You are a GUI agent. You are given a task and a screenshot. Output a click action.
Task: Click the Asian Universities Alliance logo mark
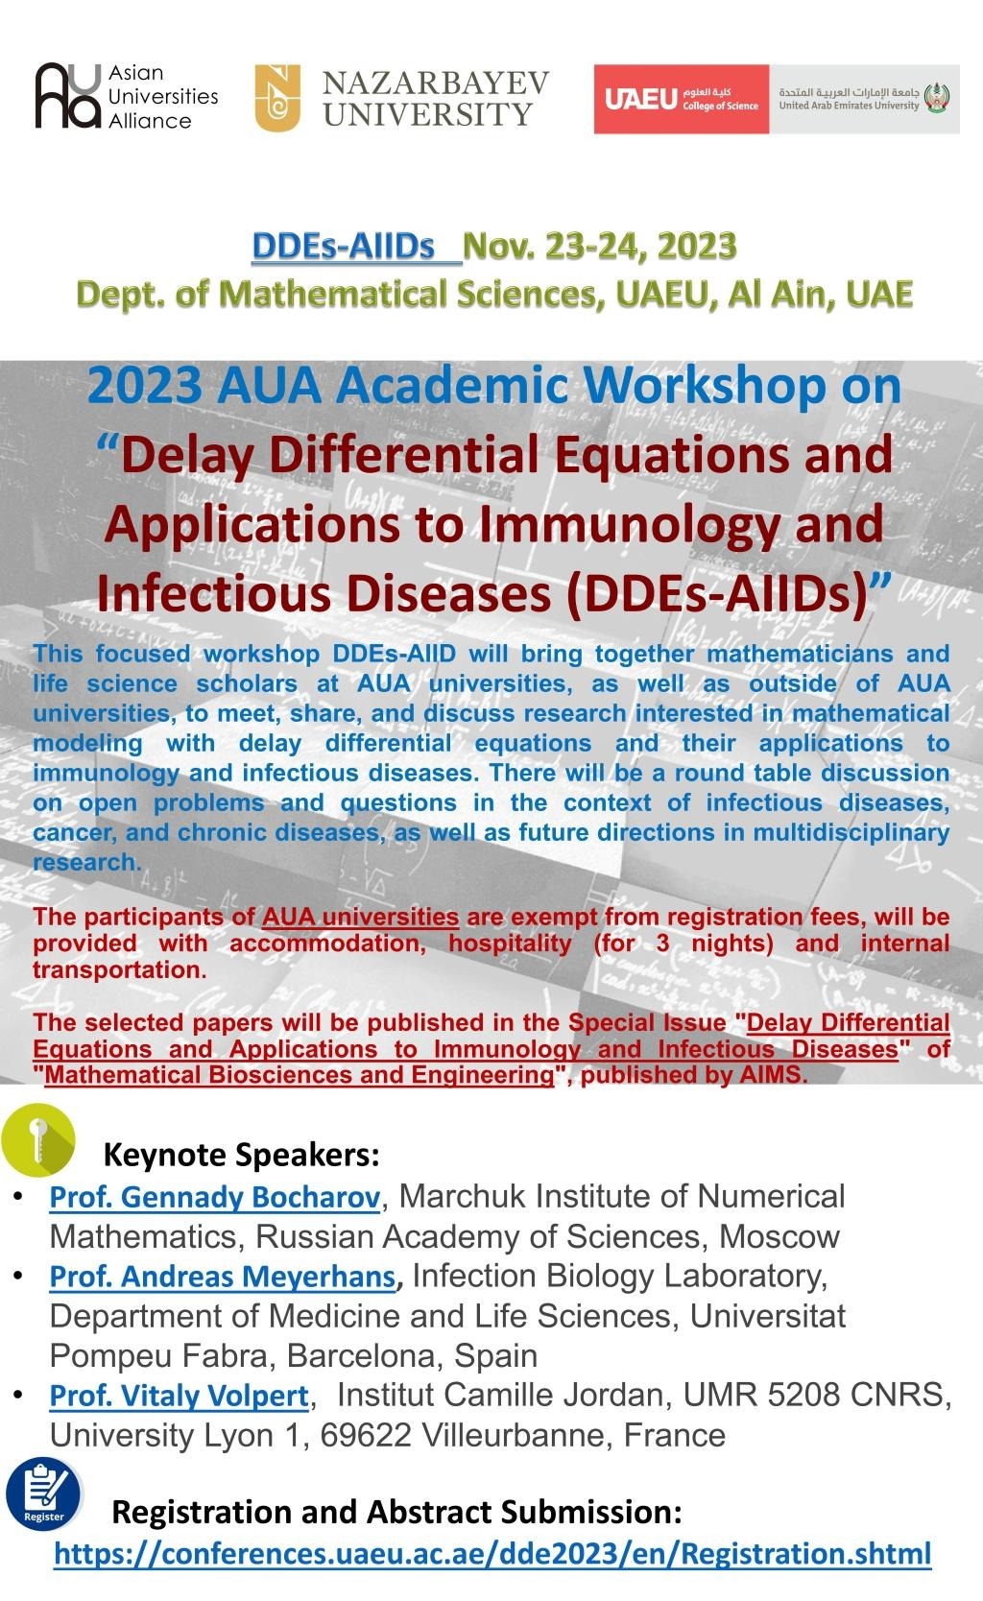coord(68,96)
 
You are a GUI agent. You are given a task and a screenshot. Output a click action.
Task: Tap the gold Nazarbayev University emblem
coord(277,98)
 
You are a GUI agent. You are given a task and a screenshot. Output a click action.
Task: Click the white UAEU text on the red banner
coord(640,99)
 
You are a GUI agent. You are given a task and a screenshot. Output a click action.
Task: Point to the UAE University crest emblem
coord(938,98)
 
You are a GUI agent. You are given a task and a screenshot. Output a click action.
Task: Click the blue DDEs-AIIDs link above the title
coord(343,247)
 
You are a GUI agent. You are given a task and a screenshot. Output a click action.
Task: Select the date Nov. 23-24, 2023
coord(600,247)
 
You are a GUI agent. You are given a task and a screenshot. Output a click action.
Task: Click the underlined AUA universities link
coord(360,917)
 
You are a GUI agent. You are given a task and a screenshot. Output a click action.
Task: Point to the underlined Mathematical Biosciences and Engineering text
coord(300,1075)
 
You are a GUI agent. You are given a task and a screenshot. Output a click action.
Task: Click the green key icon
coord(38,1139)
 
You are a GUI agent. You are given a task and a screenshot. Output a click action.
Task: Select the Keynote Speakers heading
coord(242,1155)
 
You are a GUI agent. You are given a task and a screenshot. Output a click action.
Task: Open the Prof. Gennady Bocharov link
coord(215,1197)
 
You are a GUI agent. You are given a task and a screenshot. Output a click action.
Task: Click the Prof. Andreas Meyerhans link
coord(223,1277)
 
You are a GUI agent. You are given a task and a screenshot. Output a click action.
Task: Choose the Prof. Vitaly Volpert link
coord(179,1396)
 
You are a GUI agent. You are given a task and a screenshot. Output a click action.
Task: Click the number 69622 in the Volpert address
coord(366,1435)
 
